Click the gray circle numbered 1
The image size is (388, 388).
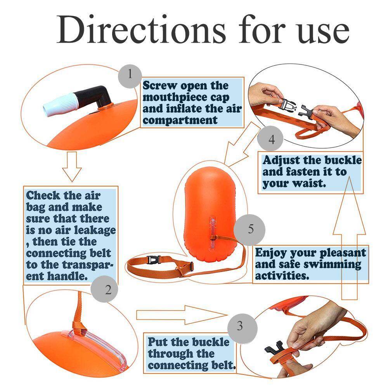(x=130, y=74)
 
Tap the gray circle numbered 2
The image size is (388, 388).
(x=108, y=289)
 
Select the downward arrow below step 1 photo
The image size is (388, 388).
(x=72, y=167)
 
